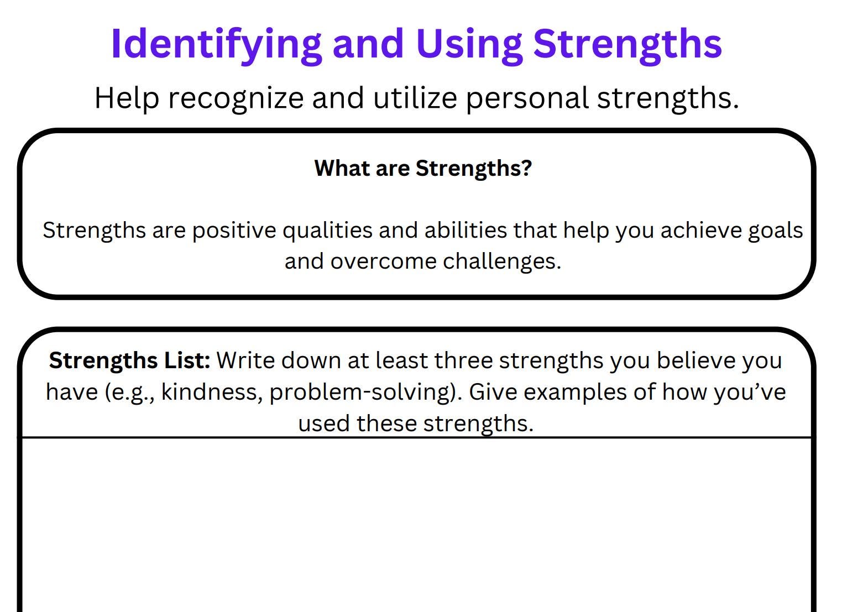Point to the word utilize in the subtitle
tap(415, 98)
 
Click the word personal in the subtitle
tap(527, 98)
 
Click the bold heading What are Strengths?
tap(423, 168)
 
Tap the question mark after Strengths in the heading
tap(526, 168)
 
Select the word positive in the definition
tap(234, 231)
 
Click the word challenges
tap(501, 261)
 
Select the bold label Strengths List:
tap(130, 360)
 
